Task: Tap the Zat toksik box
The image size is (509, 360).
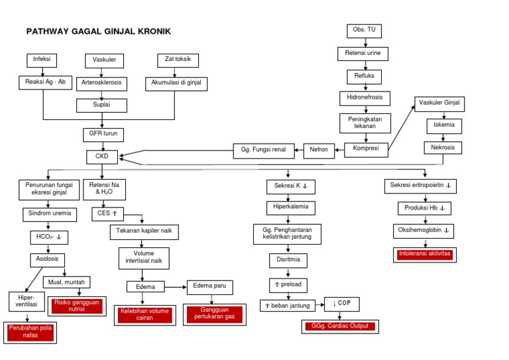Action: coord(178,60)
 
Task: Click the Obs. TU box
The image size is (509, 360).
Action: coord(364,30)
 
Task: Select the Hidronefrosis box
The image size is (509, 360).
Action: coord(364,97)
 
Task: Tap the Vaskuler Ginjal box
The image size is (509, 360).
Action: coord(439,104)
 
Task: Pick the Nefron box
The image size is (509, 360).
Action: coord(319,150)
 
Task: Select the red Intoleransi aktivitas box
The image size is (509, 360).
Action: coord(424,254)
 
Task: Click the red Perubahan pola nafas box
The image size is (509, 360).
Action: coord(30,332)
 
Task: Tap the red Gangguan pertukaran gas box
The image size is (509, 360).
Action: coord(213,314)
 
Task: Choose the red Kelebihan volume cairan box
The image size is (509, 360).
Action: coord(144,314)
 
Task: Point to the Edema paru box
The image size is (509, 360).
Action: coord(210,286)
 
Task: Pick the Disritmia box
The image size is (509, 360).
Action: coord(288,259)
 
